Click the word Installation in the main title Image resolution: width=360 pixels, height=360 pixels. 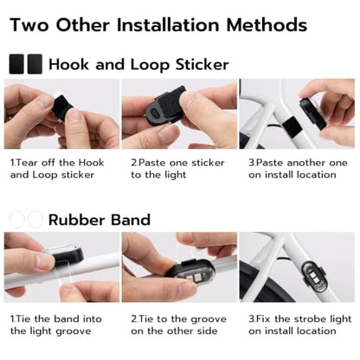[170, 25]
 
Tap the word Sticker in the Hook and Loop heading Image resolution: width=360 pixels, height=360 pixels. [202, 64]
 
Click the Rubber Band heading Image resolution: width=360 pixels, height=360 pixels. [100, 220]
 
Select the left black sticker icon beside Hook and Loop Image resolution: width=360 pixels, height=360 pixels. [17, 64]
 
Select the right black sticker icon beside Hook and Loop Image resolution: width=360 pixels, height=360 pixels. [35, 64]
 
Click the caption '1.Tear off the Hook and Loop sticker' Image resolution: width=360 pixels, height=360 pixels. [57, 169]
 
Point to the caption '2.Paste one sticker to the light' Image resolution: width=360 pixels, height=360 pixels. [177, 169]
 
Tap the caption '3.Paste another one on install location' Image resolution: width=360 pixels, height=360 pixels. [298, 169]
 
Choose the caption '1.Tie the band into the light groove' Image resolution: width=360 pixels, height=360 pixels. [56, 325]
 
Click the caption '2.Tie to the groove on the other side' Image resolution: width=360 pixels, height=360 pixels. [178, 325]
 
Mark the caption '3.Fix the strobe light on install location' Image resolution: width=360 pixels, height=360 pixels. [300, 325]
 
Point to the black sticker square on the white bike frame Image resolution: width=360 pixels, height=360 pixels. [292, 127]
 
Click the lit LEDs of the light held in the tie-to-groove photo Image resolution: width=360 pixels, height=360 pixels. [195, 279]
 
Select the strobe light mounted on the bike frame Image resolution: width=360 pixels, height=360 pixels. [313, 275]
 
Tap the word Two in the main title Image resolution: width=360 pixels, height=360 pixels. [29, 25]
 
